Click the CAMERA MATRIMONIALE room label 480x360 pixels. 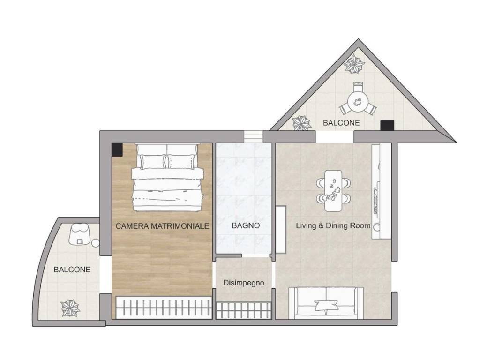[162, 226]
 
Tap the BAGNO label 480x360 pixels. [246, 225]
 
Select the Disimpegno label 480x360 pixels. [244, 283]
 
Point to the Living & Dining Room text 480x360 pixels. [333, 225]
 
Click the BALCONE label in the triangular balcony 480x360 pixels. [341, 123]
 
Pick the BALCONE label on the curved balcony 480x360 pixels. [72, 270]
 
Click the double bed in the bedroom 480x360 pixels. [167, 177]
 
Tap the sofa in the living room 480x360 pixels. [326, 303]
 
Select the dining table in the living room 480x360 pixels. [333, 190]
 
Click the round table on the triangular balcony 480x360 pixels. [358, 102]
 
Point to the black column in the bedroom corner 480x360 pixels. [117, 150]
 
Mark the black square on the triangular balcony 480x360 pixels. [387, 126]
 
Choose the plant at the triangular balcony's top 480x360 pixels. [354, 64]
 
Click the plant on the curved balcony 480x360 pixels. [70, 307]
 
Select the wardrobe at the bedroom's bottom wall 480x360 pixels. [164, 307]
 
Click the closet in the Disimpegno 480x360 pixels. [244, 310]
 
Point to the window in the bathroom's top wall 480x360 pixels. [254, 136]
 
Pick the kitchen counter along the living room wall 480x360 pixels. [382, 191]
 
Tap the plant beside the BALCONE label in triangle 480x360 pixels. [302, 123]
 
